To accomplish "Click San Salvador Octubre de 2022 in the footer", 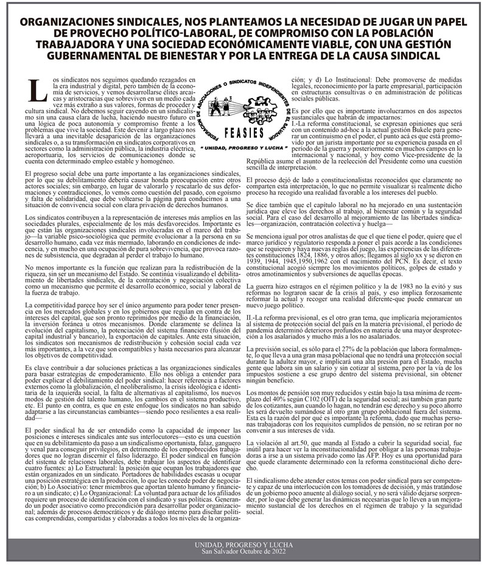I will pyautogui.click(x=243, y=549).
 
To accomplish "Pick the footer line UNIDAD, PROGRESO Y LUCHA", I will pyautogui.click(x=243, y=542).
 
